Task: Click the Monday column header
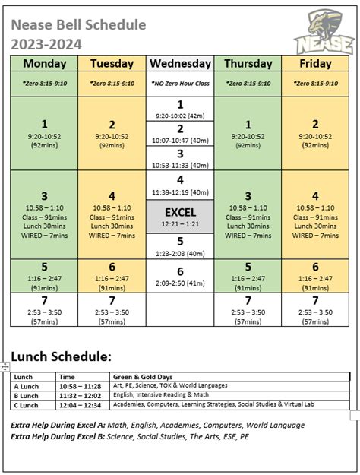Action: click(44, 64)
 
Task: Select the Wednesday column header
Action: click(180, 64)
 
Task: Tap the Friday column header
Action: click(316, 64)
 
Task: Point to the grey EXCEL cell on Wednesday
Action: click(180, 217)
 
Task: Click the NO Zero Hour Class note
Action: click(180, 84)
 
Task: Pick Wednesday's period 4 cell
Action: click(180, 185)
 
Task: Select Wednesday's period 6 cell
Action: click(180, 277)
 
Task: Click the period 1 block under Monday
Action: click(44, 132)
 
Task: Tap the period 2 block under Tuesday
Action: click(112, 132)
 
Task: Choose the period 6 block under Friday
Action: click(316, 276)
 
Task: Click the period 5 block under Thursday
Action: click(248, 276)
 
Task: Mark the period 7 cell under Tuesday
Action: click(112, 309)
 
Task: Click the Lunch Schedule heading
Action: click(61, 356)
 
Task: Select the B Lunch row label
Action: click(27, 395)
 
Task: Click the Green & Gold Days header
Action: click(142, 376)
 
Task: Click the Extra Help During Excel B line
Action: click(130, 438)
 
